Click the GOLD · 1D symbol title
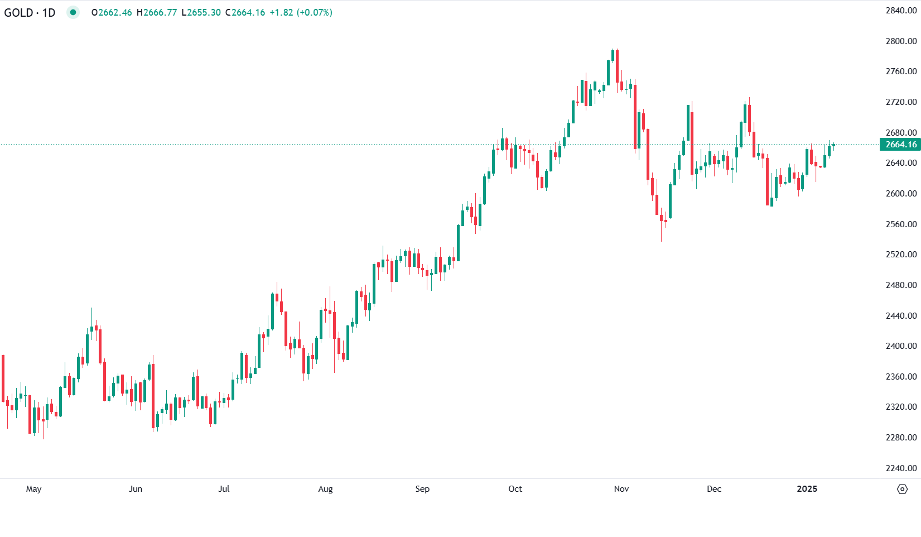pyautogui.click(x=30, y=12)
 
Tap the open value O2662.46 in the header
pyautogui.click(x=112, y=12)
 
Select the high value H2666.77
pyautogui.click(x=157, y=12)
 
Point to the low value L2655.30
pyautogui.click(x=201, y=12)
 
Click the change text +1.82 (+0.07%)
pyautogui.click(x=301, y=12)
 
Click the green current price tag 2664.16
pyautogui.click(x=900, y=145)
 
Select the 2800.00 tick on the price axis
pyautogui.click(x=901, y=41)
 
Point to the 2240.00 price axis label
pyautogui.click(x=901, y=468)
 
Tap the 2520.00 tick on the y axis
pyautogui.click(x=901, y=255)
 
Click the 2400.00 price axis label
pyautogui.click(x=901, y=346)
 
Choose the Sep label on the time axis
pyautogui.click(x=422, y=489)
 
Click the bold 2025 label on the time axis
pyautogui.click(x=807, y=489)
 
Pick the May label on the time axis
pyautogui.click(x=33, y=489)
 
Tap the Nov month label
pyautogui.click(x=621, y=489)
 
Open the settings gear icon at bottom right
pyautogui.click(x=902, y=490)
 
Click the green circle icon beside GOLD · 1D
pyautogui.click(x=73, y=12)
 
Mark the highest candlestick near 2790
pyautogui.click(x=613, y=55)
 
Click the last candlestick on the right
pyautogui.click(x=833, y=145)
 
